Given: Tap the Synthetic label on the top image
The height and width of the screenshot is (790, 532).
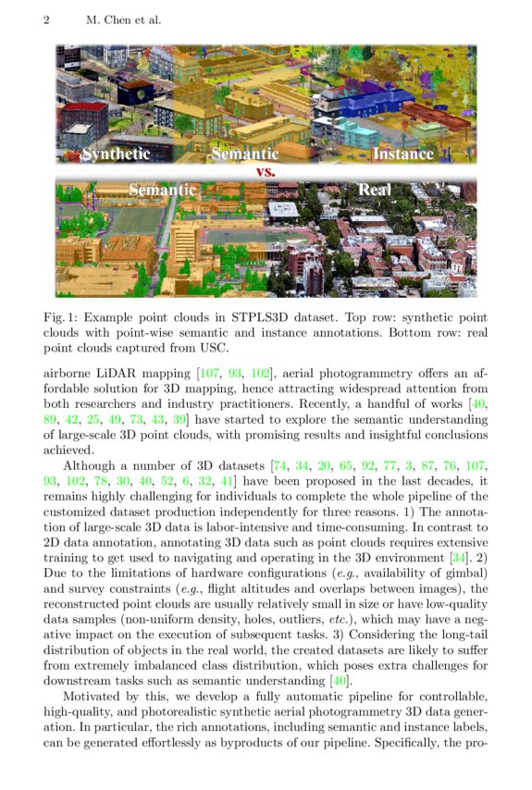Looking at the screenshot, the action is [116, 154].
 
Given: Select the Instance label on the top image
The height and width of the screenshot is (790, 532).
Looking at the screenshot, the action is [402, 154].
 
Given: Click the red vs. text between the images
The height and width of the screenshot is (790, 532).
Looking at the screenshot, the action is [266, 171].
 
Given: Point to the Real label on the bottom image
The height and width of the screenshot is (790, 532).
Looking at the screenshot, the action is [375, 190].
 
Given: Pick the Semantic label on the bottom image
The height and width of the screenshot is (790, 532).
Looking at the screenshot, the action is [162, 190].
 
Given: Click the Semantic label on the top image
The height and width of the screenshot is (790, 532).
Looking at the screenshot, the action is [245, 154].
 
